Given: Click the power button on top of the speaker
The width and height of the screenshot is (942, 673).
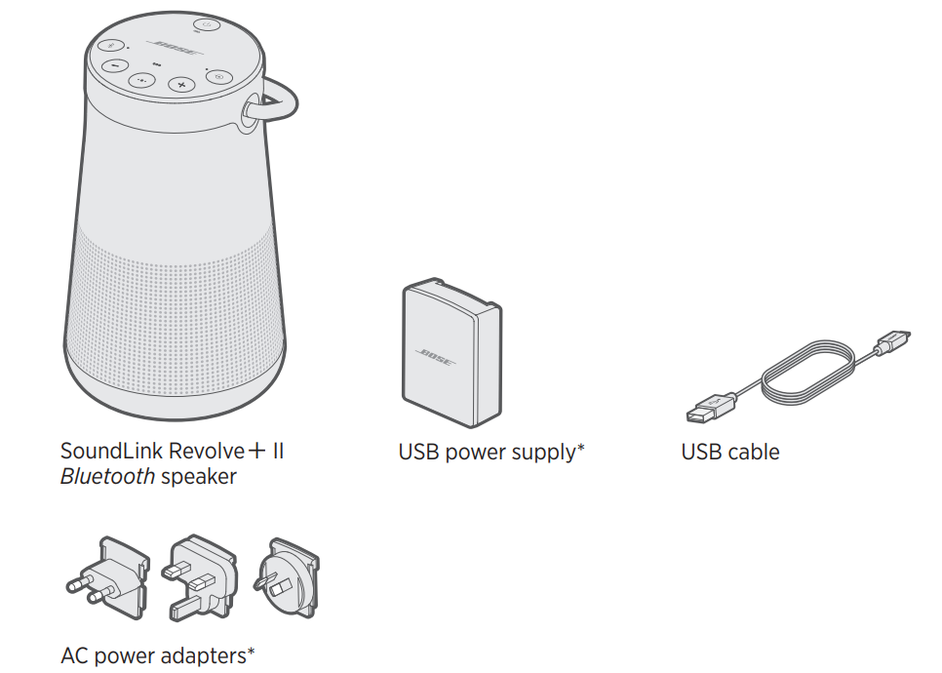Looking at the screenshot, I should coord(206,27).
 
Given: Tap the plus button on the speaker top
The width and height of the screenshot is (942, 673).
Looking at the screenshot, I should coord(180,85).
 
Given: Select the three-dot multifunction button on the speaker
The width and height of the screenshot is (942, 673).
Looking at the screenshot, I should coord(143,82).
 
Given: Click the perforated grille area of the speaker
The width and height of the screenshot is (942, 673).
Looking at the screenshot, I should coord(176,293).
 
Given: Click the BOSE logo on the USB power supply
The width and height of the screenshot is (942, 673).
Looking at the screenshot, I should coord(436,358).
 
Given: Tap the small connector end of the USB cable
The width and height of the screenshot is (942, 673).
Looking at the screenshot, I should coord(893,343).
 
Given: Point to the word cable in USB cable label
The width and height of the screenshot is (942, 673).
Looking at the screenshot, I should coord(755,452).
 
